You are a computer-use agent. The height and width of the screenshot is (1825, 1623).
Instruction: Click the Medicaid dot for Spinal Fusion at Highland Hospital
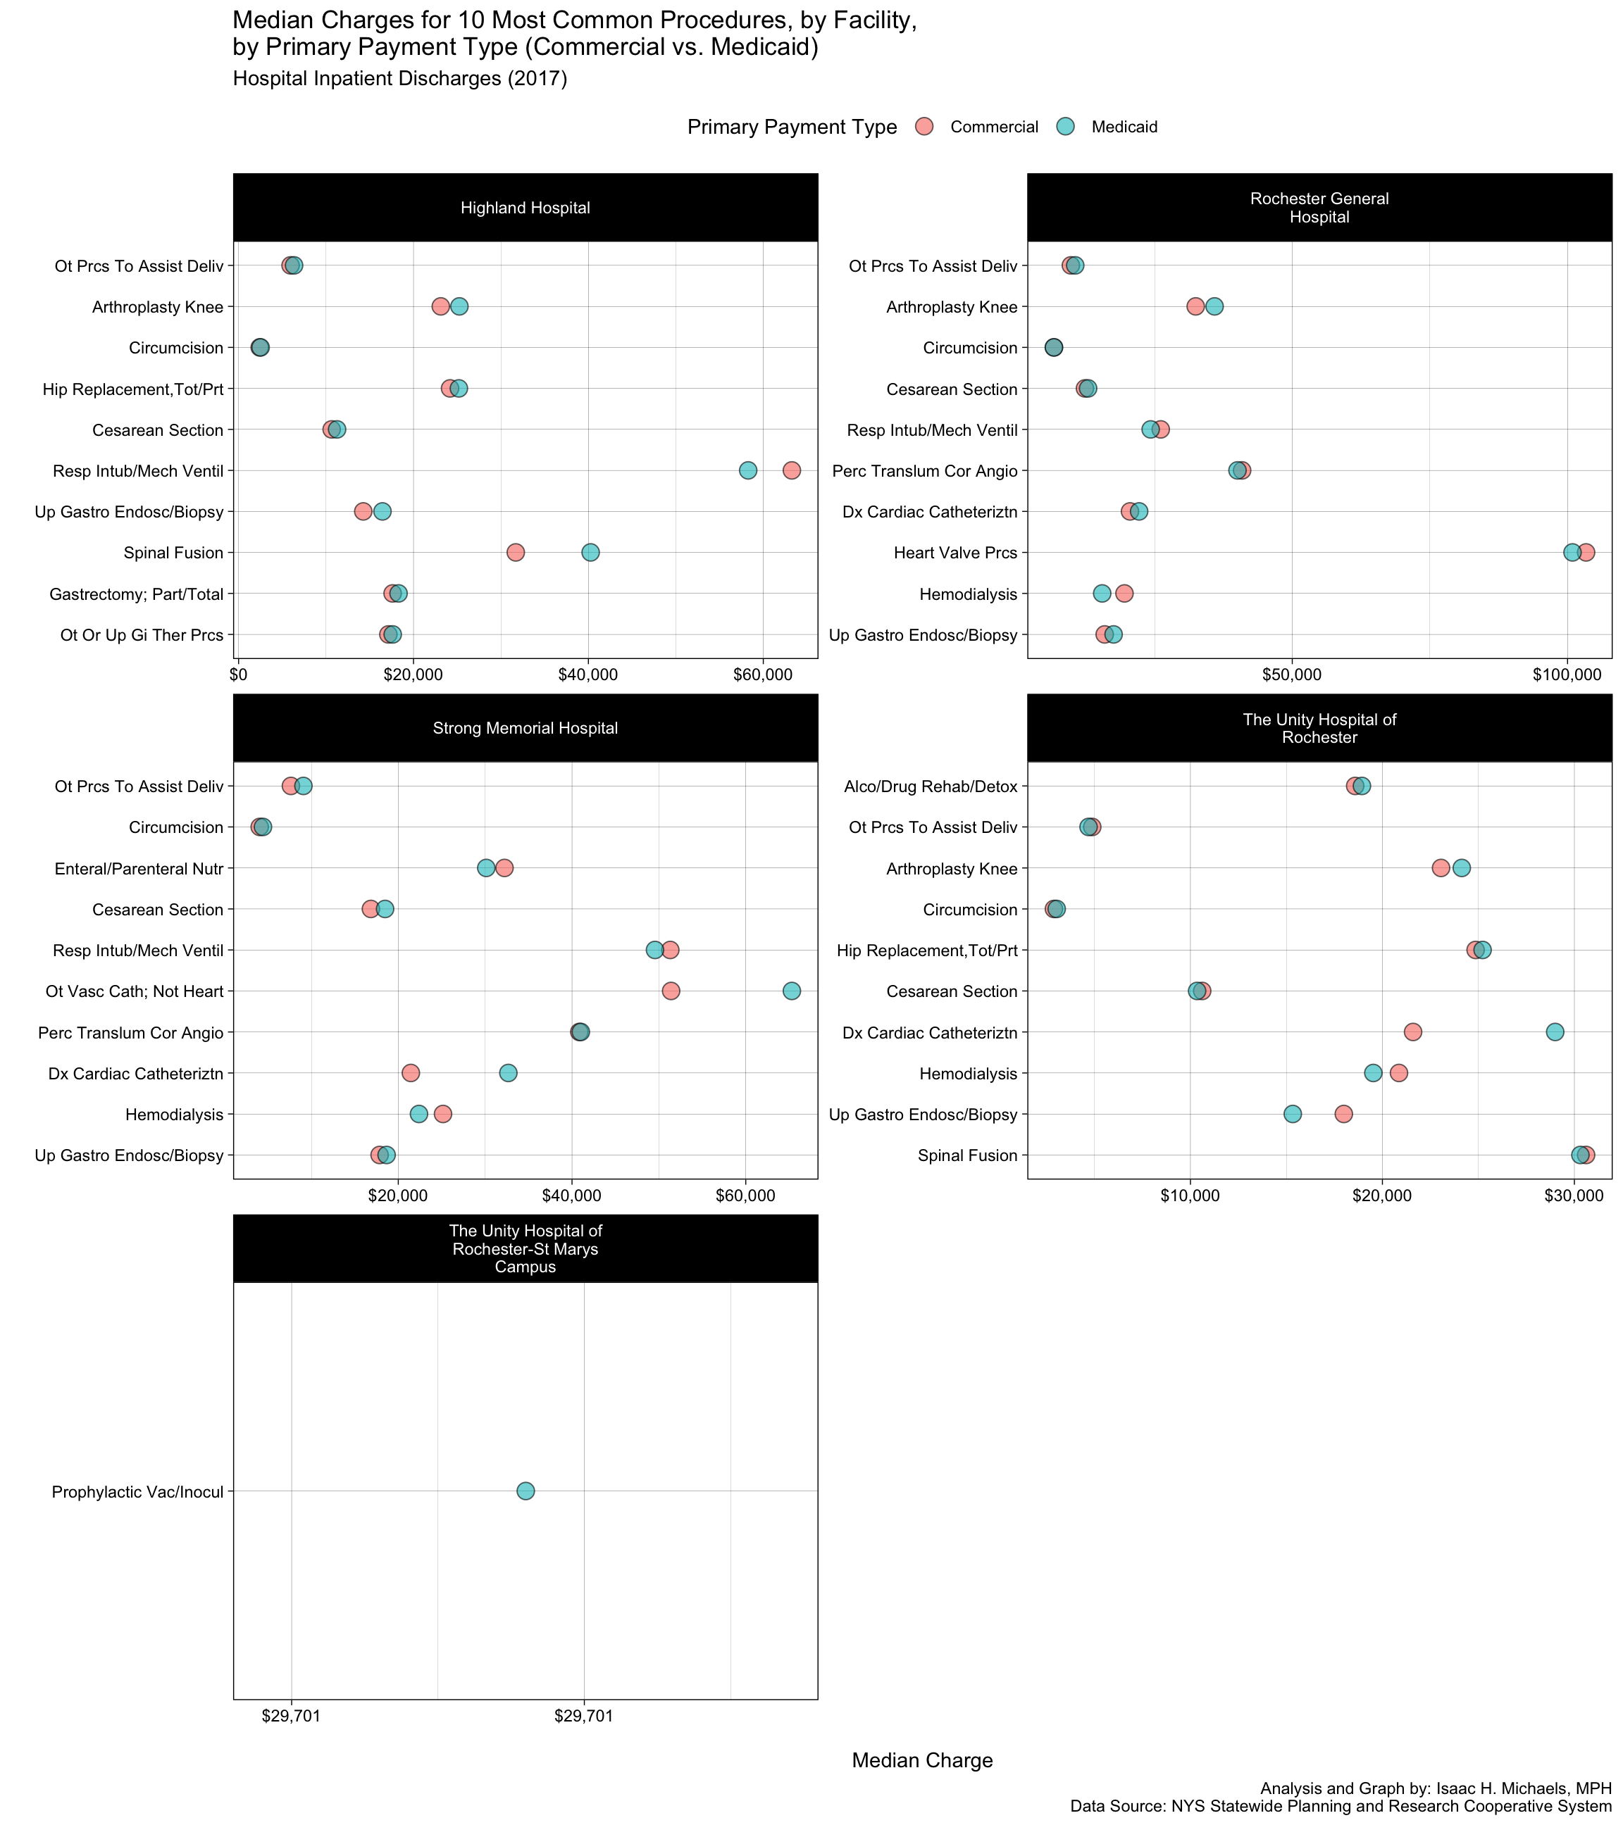click(x=590, y=553)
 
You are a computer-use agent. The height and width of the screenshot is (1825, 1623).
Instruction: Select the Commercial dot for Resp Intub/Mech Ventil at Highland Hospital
click(x=791, y=470)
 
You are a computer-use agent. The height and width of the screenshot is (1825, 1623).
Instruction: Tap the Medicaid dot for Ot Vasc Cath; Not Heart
click(x=791, y=991)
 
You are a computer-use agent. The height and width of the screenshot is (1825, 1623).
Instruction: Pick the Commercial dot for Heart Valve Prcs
click(x=1586, y=553)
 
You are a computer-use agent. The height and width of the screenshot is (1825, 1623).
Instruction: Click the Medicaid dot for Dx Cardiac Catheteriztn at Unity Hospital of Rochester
click(x=1555, y=1032)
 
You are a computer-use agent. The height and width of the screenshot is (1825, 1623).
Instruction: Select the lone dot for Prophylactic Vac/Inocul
click(x=526, y=1491)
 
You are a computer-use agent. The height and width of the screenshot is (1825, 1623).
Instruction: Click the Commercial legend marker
click(x=924, y=127)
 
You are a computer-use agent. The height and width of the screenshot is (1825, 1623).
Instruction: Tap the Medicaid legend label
click(x=1124, y=127)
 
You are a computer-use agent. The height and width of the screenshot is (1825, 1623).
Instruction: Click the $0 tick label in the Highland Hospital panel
click(x=239, y=675)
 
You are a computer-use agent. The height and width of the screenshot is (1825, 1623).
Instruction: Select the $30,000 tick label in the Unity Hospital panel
click(x=1575, y=1196)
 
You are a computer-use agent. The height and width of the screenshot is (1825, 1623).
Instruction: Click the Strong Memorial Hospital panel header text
click(x=526, y=729)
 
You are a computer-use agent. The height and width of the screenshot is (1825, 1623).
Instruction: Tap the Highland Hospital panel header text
click(x=526, y=208)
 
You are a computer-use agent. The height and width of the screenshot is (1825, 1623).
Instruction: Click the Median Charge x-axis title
click(x=922, y=1761)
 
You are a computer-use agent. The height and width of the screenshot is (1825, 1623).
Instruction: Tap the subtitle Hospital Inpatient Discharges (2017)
click(x=400, y=79)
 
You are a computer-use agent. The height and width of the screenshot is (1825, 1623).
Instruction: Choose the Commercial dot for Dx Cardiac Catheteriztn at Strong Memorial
click(x=411, y=1073)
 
